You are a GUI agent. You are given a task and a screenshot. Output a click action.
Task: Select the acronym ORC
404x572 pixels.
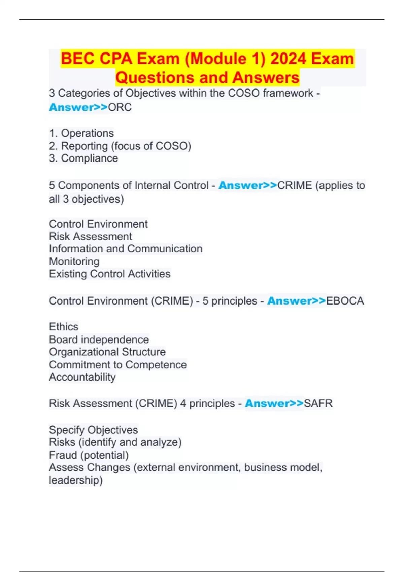pyautogui.click(x=120, y=107)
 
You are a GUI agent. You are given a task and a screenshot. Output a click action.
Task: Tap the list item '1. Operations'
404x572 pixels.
pyautogui.click(x=81, y=133)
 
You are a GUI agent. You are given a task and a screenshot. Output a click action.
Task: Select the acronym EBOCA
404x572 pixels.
pyautogui.click(x=345, y=301)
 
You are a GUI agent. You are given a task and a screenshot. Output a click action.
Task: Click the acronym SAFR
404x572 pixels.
pyautogui.click(x=318, y=403)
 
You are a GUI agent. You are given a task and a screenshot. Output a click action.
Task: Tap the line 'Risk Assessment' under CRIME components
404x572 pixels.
pyautogui.click(x=91, y=237)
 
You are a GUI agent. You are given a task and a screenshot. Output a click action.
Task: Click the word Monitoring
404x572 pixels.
pyautogui.click(x=74, y=261)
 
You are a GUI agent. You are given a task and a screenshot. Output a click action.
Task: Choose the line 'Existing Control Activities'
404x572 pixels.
pyautogui.click(x=110, y=274)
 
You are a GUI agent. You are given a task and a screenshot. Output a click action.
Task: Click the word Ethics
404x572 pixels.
pyautogui.click(x=64, y=327)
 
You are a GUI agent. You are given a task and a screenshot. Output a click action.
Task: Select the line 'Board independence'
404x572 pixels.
pyautogui.click(x=99, y=339)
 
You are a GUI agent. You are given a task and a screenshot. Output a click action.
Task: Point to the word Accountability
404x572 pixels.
pyautogui.click(x=82, y=377)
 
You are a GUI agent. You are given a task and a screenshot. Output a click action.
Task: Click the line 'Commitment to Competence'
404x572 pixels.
pyautogui.click(x=118, y=365)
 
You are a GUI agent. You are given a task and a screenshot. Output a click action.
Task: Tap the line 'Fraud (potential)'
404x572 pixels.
pyautogui.click(x=89, y=455)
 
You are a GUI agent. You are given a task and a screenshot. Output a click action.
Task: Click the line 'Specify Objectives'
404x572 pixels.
pyautogui.click(x=94, y=430)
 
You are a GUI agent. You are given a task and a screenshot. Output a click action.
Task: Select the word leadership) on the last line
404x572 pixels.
pyautogui.click(x=76, y=480)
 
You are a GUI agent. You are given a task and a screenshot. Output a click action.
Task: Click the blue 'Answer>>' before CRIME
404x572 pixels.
pyautogui.click(x=247, y=185)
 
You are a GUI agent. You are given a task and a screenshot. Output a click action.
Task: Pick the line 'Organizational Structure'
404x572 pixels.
pyautogui.click(x=107, y=352)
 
